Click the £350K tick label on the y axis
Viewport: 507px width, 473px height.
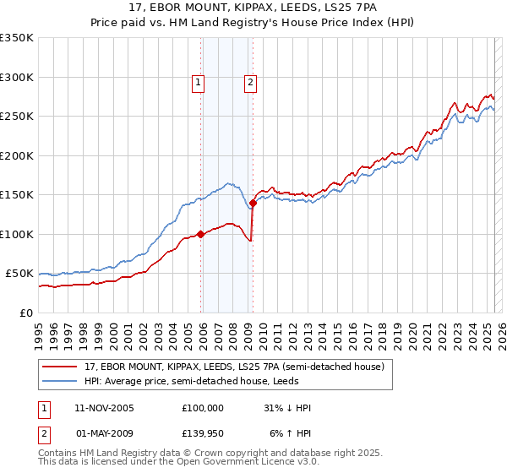(x=17, y=38)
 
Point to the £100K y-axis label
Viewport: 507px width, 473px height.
(x=17, y=234)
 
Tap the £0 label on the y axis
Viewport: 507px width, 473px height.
(x=25, y=313)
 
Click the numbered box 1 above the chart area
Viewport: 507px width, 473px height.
(x=198, y=83)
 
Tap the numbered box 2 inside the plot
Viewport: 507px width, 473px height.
(x=252, y=83)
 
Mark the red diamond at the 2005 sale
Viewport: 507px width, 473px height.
(x=200, y=235)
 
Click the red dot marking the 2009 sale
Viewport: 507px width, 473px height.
(x=253, y=203)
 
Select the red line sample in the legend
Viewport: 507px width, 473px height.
(x=61, y=367)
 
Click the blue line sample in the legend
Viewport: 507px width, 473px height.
(x=61, y=380)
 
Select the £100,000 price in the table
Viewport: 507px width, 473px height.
(x=203, y=408)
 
